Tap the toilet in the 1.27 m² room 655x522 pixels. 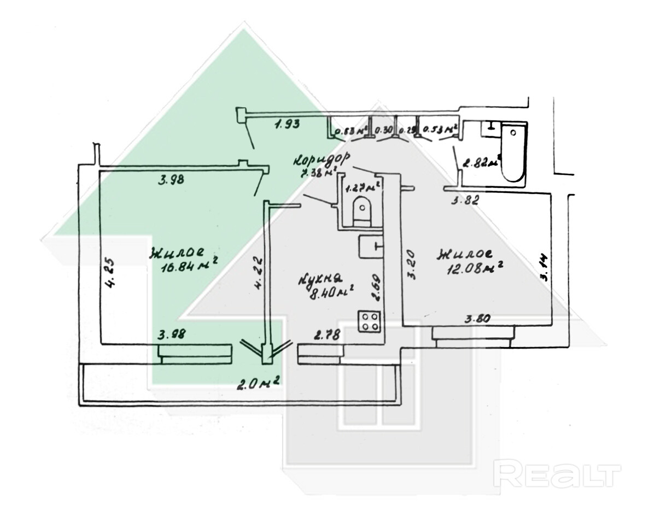(361, 210)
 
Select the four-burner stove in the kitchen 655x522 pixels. (369, 321)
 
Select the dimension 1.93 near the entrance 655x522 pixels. (286, 125)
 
